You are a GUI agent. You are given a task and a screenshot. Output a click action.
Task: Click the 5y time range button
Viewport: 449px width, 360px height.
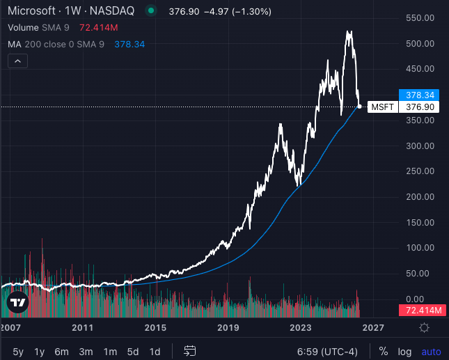(18, 351)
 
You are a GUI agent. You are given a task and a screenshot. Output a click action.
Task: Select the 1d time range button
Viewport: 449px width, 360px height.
(155, 351)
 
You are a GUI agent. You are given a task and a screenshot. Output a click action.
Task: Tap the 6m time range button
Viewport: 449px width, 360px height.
(61, 351)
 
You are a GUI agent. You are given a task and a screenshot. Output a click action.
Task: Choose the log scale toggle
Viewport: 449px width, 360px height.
(404, 351)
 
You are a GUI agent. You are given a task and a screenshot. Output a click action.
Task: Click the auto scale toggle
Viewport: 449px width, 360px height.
(431, 351)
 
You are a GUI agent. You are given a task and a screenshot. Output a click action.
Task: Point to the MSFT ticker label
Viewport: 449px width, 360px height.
(382, 107)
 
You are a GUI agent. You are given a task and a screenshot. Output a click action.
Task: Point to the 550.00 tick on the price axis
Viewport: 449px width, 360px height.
(420, 18)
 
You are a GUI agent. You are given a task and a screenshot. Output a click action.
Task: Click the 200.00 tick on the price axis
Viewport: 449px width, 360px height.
(420, 197)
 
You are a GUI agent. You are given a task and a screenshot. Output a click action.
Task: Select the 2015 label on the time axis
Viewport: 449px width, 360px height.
(155, 327)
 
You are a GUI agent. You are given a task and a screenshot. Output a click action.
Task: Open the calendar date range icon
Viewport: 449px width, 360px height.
(189, 351)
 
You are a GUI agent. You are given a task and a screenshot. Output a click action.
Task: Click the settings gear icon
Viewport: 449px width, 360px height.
(424, 327)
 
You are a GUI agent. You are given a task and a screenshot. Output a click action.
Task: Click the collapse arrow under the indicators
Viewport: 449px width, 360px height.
(17, 61)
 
